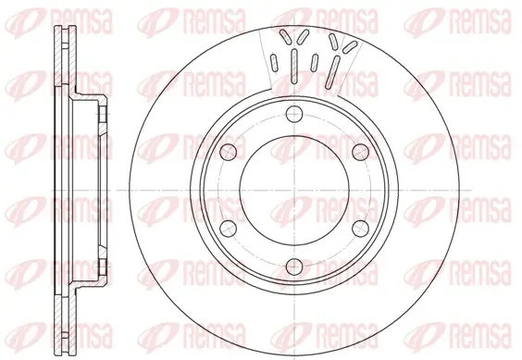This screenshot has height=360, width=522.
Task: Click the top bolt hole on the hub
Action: (294, 115)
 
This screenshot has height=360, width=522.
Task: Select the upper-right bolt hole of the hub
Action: (361, 152)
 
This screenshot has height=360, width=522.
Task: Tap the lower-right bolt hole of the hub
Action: (361, 229)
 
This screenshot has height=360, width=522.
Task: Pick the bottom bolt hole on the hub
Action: (294, 266)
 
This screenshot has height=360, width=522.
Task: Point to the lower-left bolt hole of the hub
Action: (229, 229)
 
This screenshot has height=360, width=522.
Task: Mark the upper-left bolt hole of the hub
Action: (229, 152)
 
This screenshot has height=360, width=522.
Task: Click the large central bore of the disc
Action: (294, 190)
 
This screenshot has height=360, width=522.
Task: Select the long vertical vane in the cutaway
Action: (294, 66)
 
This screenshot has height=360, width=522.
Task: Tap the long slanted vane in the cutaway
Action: (332, 72)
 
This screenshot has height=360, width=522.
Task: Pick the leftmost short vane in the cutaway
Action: (274, 62)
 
